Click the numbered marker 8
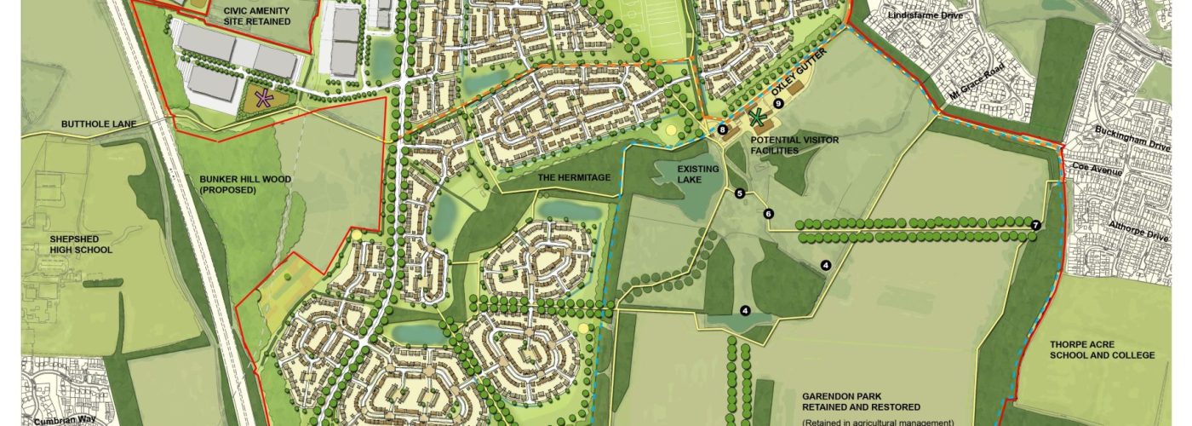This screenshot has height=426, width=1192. [x=722, y=130]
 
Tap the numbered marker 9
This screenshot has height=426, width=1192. [x=778, y=104]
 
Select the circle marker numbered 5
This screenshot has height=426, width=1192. [x=740, y=194]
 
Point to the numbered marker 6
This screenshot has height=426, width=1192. [x=768, y=214]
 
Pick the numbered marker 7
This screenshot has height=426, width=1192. [x=1035, y=225]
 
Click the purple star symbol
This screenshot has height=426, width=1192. [x=266, y=99]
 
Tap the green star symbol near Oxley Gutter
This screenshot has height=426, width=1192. [x=756, y=118]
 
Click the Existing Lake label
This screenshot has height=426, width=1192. [x=698, y=174]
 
